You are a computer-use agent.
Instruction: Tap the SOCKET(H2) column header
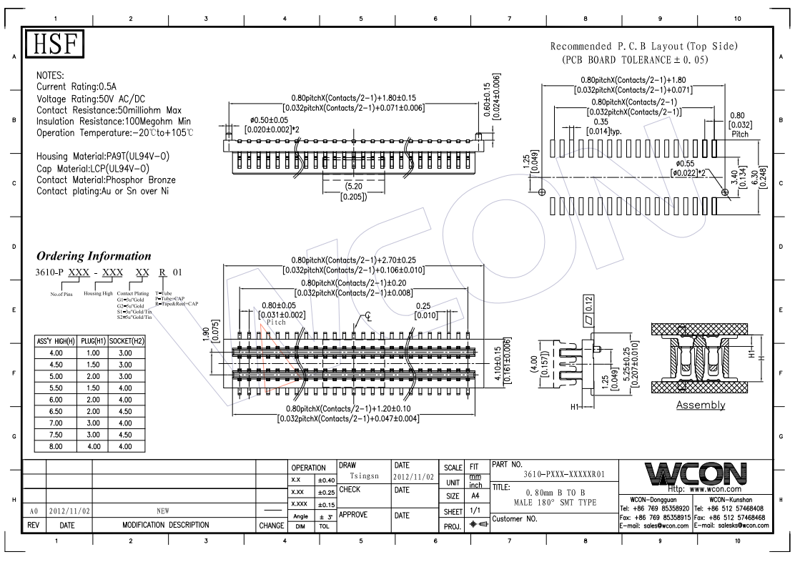(127, 342)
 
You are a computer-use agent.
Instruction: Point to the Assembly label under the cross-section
(701, 405)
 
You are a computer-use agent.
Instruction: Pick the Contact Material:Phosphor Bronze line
(106, 179)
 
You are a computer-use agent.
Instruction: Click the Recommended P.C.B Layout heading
(643, 46)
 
